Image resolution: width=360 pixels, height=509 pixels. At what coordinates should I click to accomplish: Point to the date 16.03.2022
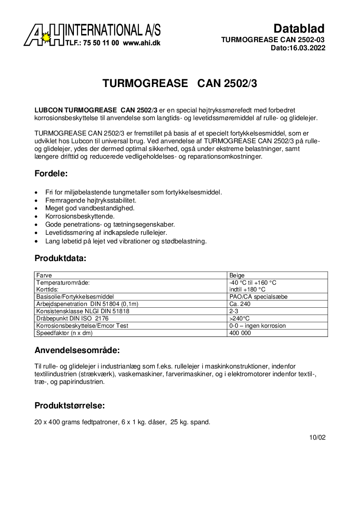point(306,48)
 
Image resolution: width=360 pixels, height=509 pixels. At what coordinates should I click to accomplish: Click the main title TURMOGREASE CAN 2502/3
point(180,83)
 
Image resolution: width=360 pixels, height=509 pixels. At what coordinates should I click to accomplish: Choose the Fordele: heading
point(51,174)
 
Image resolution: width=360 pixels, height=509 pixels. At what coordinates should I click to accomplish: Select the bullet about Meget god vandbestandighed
point(90,208)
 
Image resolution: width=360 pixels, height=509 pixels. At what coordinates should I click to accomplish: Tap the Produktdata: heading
point(60,259)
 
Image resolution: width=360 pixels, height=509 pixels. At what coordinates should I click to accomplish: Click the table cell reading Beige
point(237,275)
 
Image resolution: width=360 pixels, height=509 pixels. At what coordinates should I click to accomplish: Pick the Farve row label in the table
point(44,275)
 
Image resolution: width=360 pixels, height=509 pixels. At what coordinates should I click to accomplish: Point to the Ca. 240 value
point(240,304)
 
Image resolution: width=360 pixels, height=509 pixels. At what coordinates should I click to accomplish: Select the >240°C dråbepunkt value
point(239,318)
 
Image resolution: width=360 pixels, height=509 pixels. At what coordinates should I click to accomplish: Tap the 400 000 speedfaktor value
point(240,333)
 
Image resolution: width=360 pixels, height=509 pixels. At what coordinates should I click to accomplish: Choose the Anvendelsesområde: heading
point(77,350)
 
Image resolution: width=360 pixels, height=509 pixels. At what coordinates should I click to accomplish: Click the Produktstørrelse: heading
point(70,405)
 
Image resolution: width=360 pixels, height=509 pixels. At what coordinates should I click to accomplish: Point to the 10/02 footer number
point(317,437)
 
